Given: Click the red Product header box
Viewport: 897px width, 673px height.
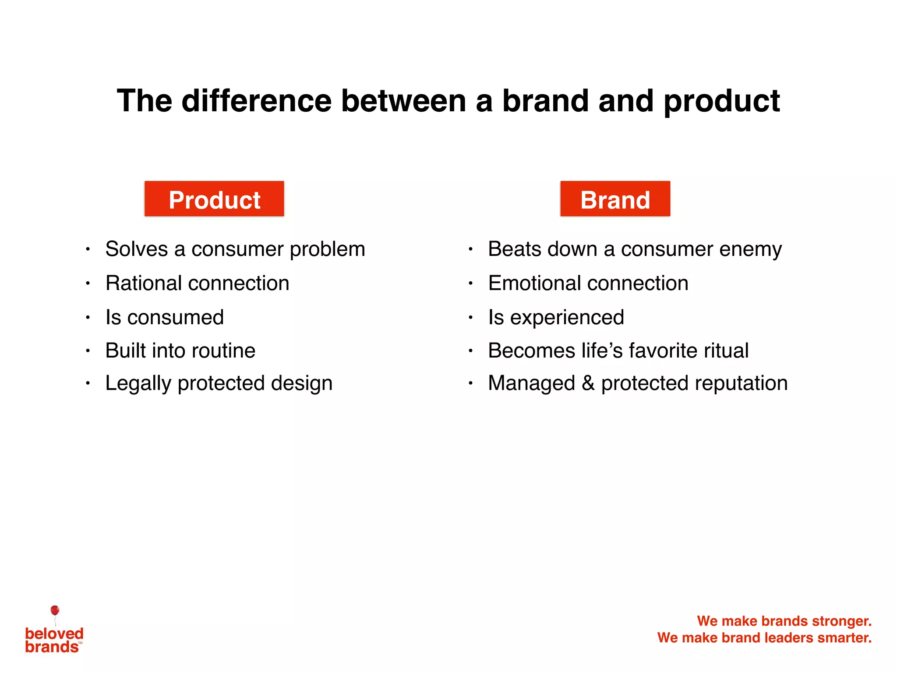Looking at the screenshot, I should (214, 199).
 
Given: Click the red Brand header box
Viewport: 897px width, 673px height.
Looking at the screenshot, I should (615, 199).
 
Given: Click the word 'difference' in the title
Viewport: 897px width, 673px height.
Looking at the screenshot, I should (257, 101).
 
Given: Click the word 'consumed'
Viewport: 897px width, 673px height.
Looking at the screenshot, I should (175, 317).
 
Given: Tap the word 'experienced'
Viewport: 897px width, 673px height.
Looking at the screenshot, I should (567, 317).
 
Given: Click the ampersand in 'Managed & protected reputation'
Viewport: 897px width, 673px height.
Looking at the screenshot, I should (588, 383).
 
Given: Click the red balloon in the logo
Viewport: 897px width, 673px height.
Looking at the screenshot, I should (55, 610).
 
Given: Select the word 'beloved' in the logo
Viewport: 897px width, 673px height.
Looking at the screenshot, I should (54, 633).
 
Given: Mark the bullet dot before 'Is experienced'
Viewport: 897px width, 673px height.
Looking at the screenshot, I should (470, 317).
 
